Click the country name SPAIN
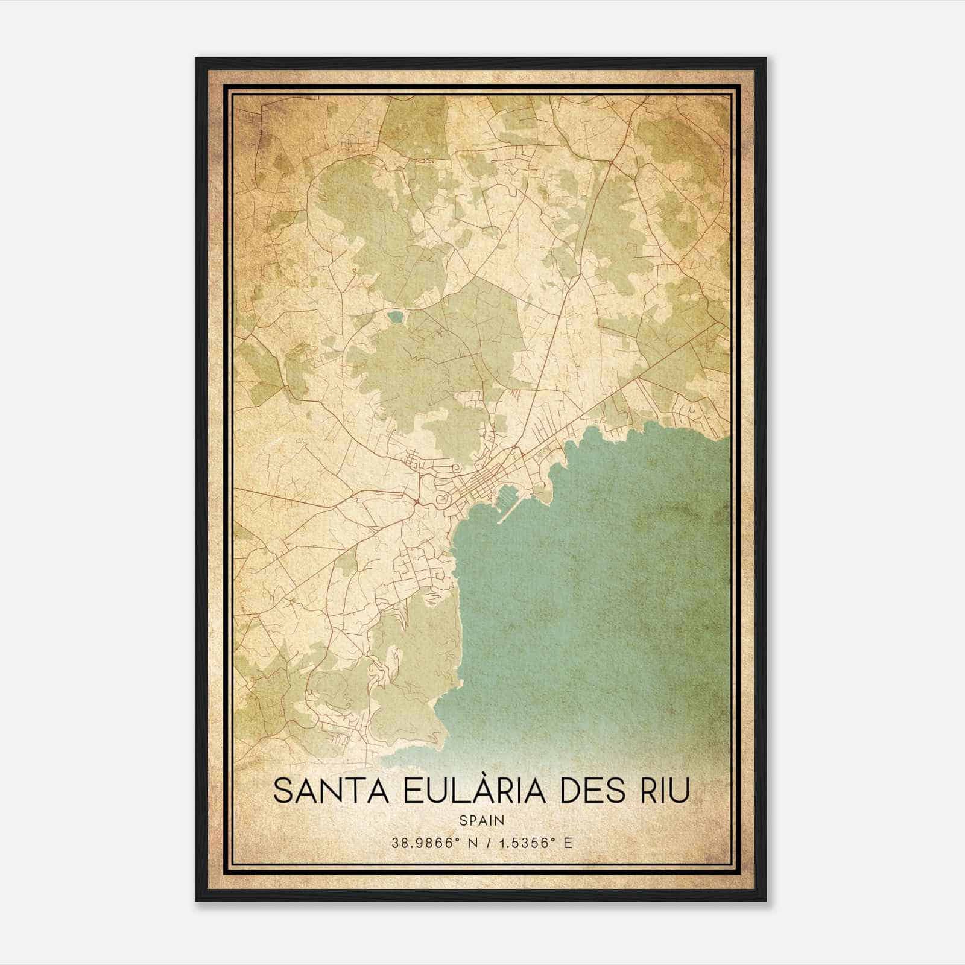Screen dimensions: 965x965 tap(481, 820)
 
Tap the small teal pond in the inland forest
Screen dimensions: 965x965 tap(395, 316)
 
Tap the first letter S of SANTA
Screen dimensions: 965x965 tap(282, 791)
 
